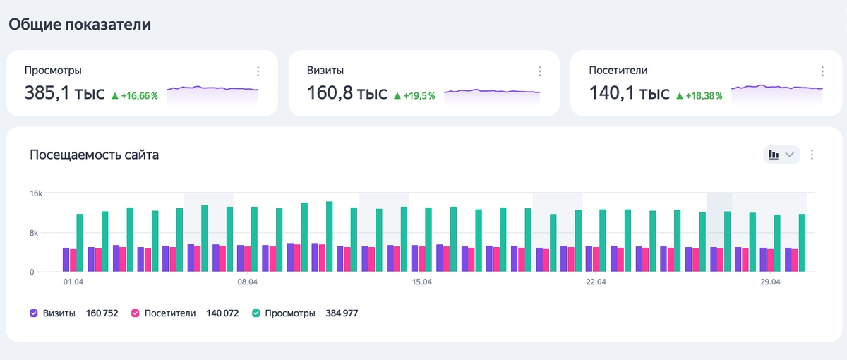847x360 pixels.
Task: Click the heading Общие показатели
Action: tap(80, 24)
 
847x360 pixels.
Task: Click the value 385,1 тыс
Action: tap(64, 93)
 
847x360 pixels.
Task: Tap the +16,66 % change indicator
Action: tap(134, 95)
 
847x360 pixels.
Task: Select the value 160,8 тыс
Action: tap(347, 93)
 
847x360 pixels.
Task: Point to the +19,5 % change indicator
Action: tap(414, 95)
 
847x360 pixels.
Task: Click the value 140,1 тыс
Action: tap(629, 93)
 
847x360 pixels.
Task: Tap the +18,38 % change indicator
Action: tap(699, 95)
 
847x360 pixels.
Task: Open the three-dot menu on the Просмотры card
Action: tap(258, 71)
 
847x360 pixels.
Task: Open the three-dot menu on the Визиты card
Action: tap(540, 71)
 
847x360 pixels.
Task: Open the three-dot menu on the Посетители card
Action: tap(822, 71)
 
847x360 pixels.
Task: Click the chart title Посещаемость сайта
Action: tap(94, 155)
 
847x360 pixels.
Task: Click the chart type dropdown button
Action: tap(781, 155)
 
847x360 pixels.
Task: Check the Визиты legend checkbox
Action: tap(34, 313)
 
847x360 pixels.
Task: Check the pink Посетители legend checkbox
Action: tap(136, 313)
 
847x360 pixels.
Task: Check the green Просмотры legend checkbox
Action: tap(257, 313)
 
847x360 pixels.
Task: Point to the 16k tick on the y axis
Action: tap(36, 193)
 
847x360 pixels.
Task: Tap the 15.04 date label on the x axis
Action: tap(421, 282)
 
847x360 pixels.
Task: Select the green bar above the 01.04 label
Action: tap(80, 243)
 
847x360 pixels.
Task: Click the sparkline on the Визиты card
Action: tap(492, 92)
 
